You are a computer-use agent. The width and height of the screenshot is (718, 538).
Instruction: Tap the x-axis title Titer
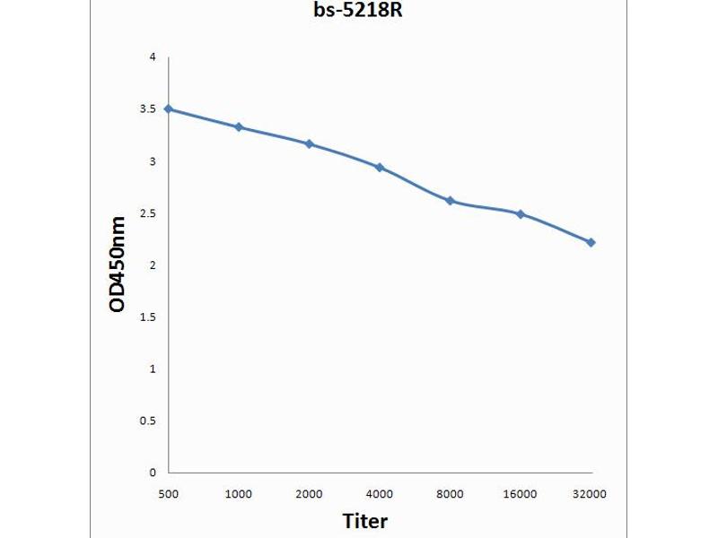click(x=365, y=520)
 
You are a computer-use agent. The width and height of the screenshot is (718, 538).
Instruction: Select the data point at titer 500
click(x=169, y=108)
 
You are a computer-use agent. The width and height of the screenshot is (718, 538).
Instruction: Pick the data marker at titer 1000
click(x=239, y=127)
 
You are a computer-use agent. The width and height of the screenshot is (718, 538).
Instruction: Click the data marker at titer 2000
click(x=309, y=143)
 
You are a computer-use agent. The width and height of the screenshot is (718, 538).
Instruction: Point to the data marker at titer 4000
click(x=380, y=168)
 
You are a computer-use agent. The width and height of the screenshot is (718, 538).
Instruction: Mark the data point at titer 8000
click(x=450, y=201)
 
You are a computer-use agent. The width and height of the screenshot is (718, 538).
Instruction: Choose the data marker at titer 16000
click(x=521, y=214)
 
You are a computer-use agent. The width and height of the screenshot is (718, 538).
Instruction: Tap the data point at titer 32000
click(x=591, y=242)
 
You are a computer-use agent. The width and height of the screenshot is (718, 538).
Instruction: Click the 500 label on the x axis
click(x=169, y=493)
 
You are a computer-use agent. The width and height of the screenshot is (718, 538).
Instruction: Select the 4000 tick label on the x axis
click(x=380, y=493)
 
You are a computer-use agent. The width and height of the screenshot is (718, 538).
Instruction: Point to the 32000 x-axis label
click(x=591, y=493)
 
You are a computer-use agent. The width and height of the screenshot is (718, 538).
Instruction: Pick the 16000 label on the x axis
click(x=521, y=493)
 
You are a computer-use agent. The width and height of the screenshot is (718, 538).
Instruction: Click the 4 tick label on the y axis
click(x=153, y=57)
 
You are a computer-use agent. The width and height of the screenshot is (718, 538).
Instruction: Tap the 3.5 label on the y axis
click(x=148, y=109)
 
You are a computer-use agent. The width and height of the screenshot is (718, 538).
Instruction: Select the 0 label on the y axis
click(x=153, y=473)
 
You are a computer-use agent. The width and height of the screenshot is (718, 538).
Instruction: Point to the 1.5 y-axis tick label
click(x=148, y=317)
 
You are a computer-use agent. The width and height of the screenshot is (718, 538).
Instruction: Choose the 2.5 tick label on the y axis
click(x=148, y=213)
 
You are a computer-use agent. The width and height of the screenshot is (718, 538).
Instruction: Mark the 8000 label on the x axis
click(x=450, y=493)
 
